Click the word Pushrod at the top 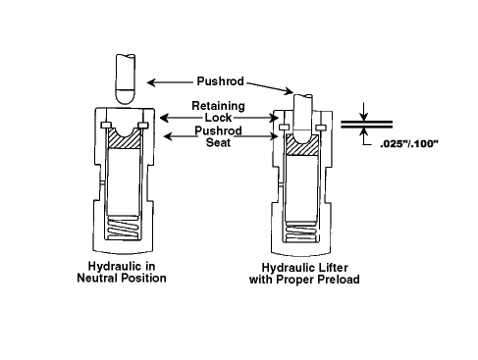click(x=220, y=81)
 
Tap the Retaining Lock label click(x=218, y=112)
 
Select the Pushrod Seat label click(x=218, y=136)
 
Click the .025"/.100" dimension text click(x=409, y=144)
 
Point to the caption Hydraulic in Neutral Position click(x=122, y=272)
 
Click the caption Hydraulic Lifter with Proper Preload click(x=304, y=274)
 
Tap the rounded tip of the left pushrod click(x=125, y=96)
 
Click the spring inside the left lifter click(x=124, y=229)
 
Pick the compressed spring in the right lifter click(x=301, y=232)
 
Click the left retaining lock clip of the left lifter click(x=106, y=126)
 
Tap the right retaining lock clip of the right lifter click(x=321, y=127)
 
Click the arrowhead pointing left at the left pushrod click(x=151, y=82)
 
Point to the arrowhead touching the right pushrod click(x=290, y=91)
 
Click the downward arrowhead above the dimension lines click(x=363, y=117)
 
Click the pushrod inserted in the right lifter click(x=302, y=119)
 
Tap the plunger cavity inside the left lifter click(x=124, y=181)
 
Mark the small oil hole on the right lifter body click(x=280, y=185)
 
